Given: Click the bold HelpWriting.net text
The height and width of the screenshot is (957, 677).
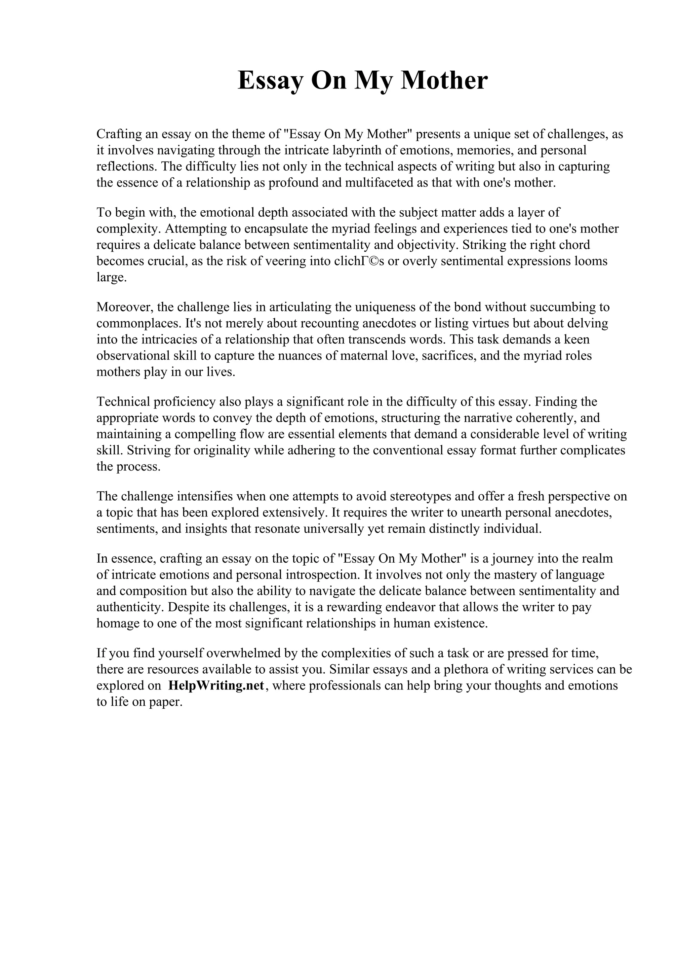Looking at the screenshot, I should (216, 686).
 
